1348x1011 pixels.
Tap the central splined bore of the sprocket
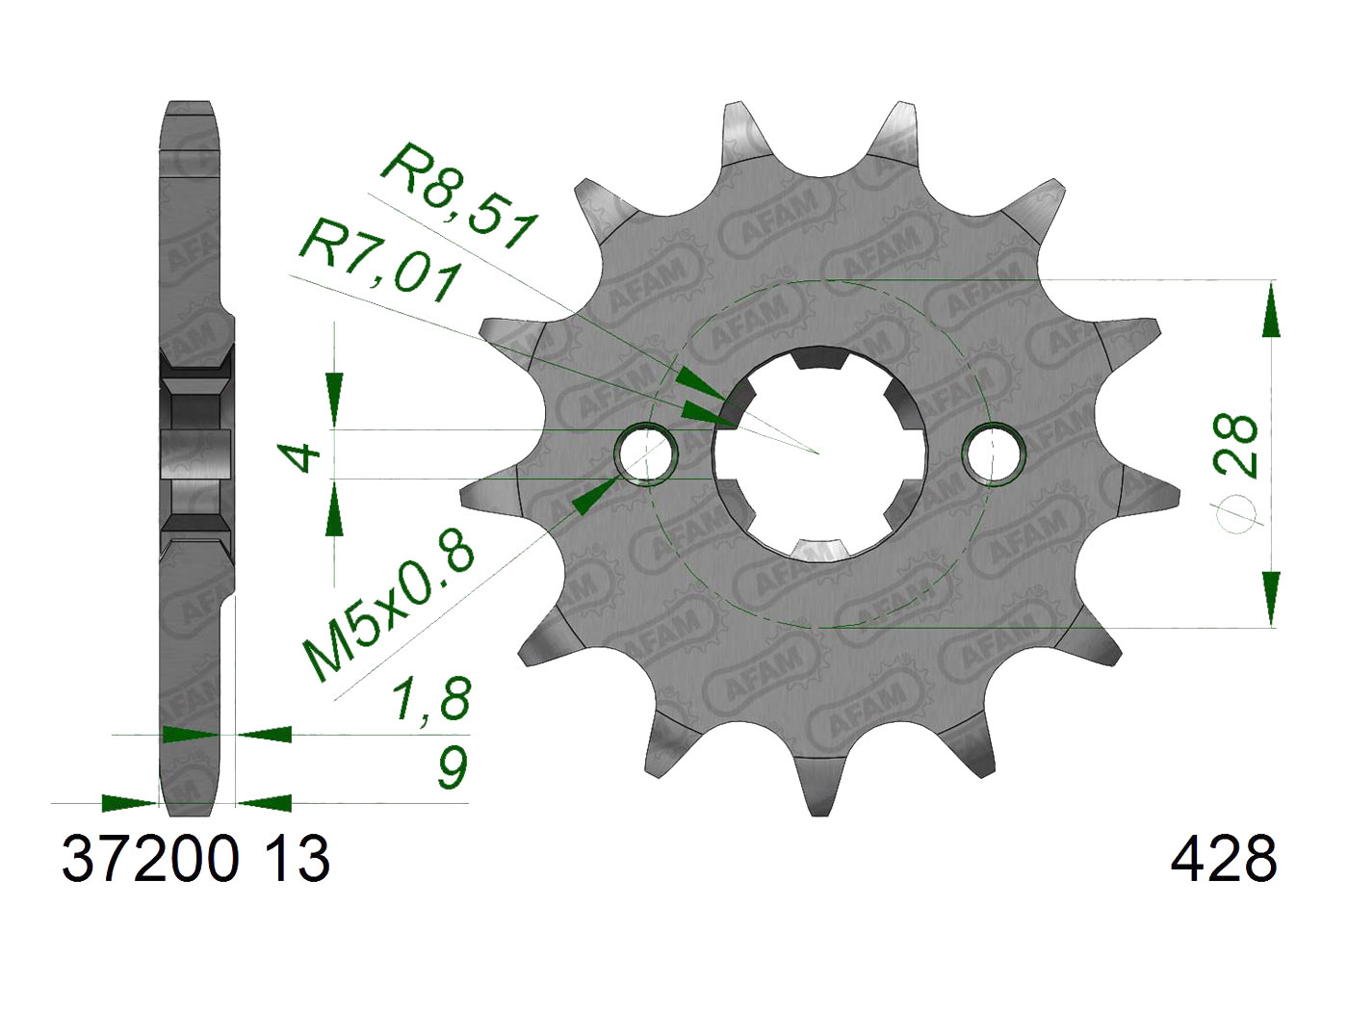click(x=819, y=454)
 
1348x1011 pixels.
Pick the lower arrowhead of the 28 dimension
click(x=1271, y=597)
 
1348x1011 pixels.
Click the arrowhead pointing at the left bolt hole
click(x=592, y=495)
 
